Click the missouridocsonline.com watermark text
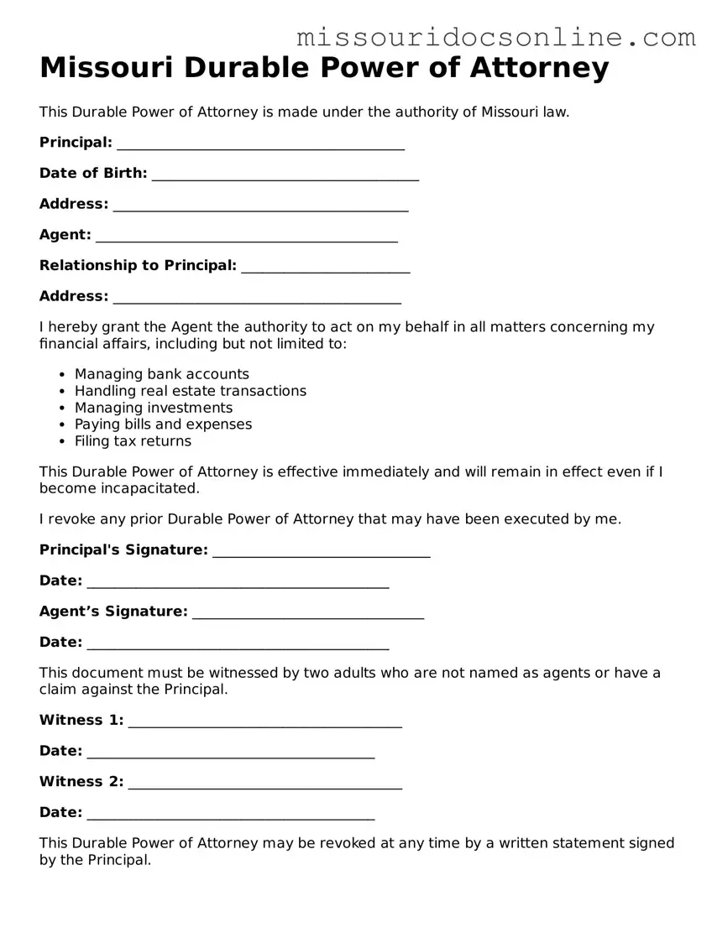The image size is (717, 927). pyautogui.click(x=496, y=37)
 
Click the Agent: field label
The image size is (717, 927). pyautogui.click(x=65, y=235)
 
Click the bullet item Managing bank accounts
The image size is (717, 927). pyautogui.click(x=162, y=374)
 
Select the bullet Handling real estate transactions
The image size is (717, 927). pyautogui.click(x=191, y=391)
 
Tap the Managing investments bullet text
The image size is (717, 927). pyautogui.click(x=154, y=408)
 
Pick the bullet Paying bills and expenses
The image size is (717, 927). pyautogui.click(x=163, y=424)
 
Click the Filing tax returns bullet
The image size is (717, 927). pyautogui.click(x=133, y=441)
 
